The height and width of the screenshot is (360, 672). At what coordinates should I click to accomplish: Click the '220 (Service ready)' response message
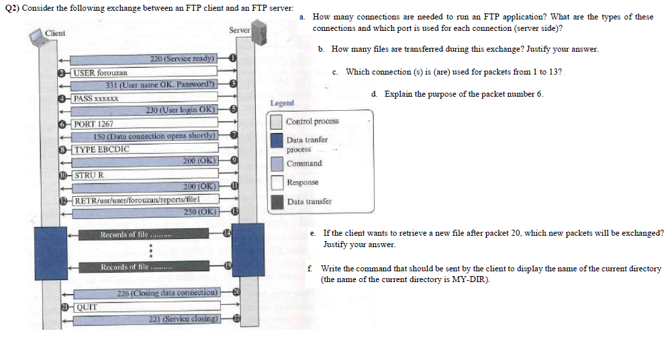(183, 59)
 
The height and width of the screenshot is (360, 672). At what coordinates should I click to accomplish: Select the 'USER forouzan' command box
(101, 72)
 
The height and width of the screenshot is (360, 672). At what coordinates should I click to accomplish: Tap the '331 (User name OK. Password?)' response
(161, 85)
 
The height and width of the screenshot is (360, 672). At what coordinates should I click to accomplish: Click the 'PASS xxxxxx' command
(97, 98)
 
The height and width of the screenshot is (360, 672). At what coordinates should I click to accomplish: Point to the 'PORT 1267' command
(94, 124)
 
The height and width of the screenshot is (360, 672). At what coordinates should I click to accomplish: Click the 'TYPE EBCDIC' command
(102, 149)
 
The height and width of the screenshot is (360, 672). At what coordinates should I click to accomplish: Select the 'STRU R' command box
(90, 175)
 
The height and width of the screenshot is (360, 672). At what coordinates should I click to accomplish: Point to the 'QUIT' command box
(85, 307)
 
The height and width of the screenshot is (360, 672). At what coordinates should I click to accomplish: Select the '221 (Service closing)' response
(185, 319)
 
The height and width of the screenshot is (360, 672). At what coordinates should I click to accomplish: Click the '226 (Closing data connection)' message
(168, 294)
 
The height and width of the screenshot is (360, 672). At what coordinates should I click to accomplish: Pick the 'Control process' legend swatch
(277, 122)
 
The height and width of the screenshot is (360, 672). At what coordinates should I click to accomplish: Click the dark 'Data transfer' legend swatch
(277, 201)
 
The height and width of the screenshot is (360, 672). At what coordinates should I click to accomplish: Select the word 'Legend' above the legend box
(282, 103)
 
